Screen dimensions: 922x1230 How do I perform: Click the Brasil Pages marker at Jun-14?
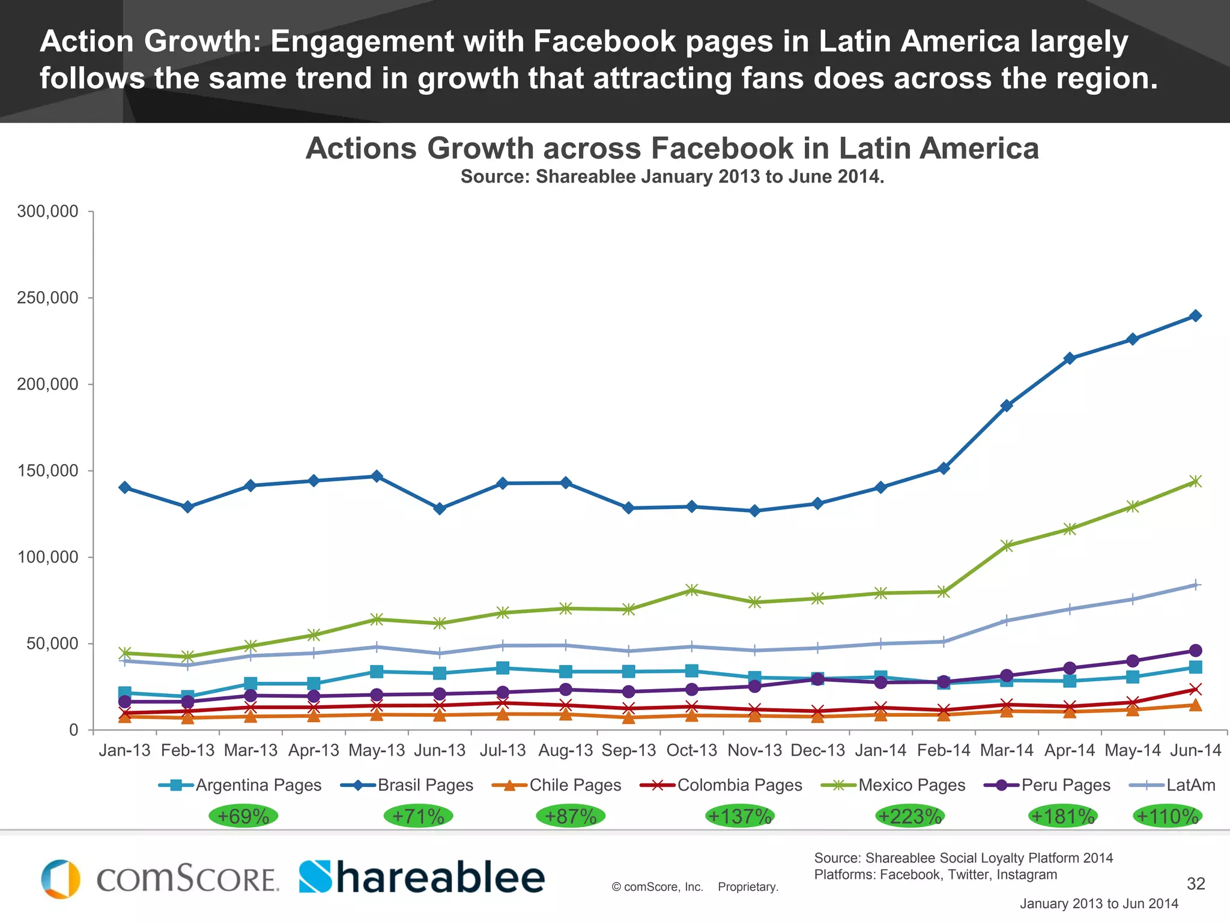[1195, 316]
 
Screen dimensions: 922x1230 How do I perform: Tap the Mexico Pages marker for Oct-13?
[691, 590]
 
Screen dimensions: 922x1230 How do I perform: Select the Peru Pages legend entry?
[1047, 785]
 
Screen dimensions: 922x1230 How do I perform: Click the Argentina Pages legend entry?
[240, 785]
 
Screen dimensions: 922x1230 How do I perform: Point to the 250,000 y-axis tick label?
[47, 298]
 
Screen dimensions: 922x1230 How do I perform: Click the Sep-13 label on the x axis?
[629, 750]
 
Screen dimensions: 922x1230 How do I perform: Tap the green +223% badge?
[910, 816]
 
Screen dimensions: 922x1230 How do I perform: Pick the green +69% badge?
[243, 816]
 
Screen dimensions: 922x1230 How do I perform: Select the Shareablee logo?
[422, 878]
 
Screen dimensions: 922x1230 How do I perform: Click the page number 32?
[1196, 884]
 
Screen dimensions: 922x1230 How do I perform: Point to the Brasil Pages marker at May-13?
[377, 476]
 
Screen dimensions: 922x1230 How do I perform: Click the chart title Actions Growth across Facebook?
[672, 148]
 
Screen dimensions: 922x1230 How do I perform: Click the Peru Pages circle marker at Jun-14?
[1195, 651]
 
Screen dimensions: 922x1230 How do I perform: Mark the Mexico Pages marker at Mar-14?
[1007, 546]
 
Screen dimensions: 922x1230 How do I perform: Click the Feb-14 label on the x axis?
[944, 750]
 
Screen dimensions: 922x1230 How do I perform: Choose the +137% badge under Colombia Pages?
[739, 816]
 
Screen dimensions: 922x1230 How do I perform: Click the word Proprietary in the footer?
[748, 887]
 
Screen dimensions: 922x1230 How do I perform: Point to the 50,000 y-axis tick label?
[52, 643]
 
